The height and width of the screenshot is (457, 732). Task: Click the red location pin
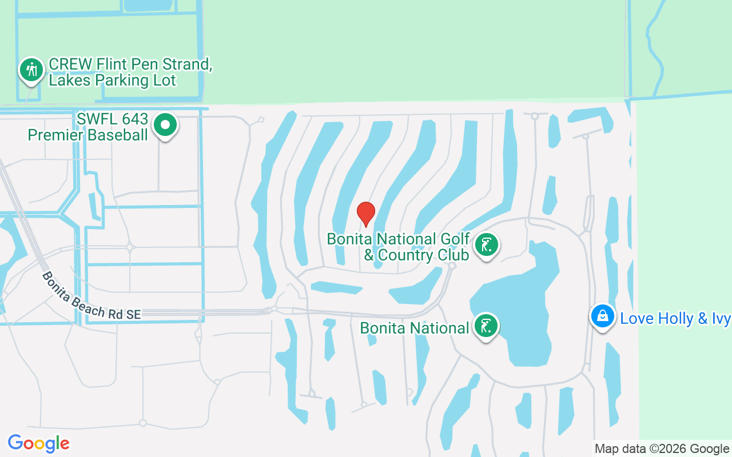tap(365, 213)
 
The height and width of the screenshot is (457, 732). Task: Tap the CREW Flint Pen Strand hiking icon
tap(31, 70)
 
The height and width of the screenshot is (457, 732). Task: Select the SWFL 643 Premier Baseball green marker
tap(166, 125)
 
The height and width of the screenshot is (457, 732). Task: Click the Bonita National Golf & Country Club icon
tap(486, 245)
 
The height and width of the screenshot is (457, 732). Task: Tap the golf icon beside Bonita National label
tap(486, 327)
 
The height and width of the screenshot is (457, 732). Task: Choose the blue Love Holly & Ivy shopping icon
tap(602, 316)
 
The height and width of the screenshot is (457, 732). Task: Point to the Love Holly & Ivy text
tap(675, 318)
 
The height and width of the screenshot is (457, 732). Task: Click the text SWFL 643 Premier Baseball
tap(88, 127)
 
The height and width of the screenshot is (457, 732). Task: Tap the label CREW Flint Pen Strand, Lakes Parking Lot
tap(130, 73)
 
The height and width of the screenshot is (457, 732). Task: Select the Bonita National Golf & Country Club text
tap(398, 247)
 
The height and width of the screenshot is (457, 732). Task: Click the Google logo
tap(38, 443)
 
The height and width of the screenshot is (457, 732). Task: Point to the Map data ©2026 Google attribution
tap(662, 449)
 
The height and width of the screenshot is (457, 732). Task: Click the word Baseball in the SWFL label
tap(118, 135)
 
